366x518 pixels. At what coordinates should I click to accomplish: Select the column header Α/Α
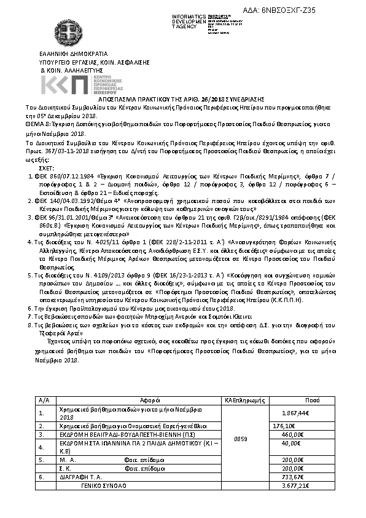pos(44,400)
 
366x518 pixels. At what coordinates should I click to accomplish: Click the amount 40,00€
pos(290,443)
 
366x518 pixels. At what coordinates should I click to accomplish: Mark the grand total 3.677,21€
pos(294,485)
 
